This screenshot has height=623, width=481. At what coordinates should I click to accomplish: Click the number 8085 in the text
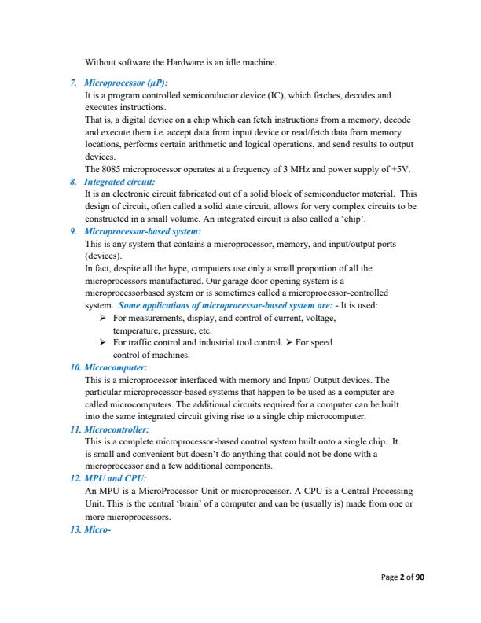(x=111, y=169)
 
